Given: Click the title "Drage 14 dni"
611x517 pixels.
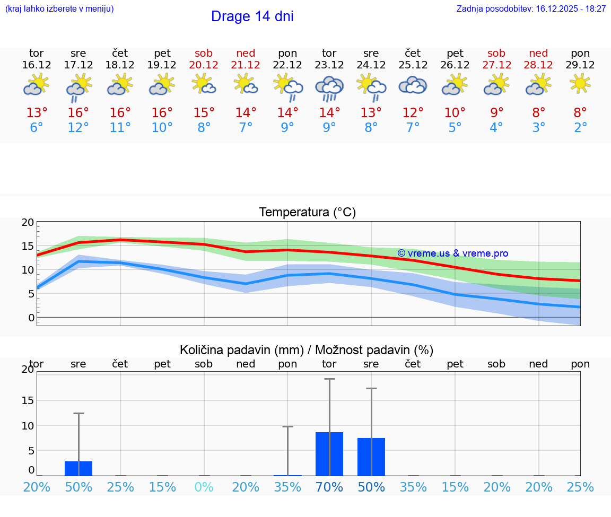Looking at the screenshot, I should [252, 16].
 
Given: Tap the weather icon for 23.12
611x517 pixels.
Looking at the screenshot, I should [329, 88].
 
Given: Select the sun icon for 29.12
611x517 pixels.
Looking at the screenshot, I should [580, 83].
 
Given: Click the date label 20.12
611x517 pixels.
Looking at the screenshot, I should [204, 65].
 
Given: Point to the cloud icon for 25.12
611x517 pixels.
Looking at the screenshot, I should [413, 85].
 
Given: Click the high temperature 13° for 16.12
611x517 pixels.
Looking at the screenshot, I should [37, 113].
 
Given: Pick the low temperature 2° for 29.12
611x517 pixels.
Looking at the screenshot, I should [580, 128].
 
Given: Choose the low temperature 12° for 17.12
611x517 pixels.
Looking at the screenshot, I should [78, 128].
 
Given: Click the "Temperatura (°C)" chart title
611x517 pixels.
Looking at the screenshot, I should [307, 212].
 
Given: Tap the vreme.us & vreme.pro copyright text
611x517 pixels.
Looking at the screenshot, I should [452, 253].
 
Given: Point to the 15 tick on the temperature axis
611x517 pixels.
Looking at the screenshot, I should [28, 246].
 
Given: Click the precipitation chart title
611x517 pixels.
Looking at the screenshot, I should [307, 350].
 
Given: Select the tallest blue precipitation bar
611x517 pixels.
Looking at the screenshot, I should [329, 454].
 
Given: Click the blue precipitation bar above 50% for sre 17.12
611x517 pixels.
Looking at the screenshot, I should [78, 468].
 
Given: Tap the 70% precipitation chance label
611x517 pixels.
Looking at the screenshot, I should [329, 487].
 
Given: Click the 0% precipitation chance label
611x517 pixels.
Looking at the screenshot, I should [204, 487].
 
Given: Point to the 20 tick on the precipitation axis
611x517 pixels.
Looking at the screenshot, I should [28, 370].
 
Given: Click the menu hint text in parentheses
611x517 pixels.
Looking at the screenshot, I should [59, 8].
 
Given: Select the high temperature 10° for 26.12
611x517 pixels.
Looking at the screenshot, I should [455, 113].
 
